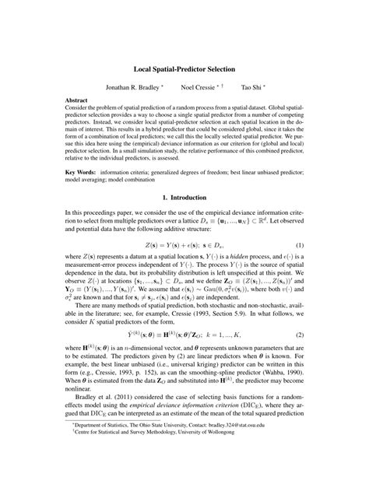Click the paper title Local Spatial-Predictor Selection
click(184, 70)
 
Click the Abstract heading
click(76, 101)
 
